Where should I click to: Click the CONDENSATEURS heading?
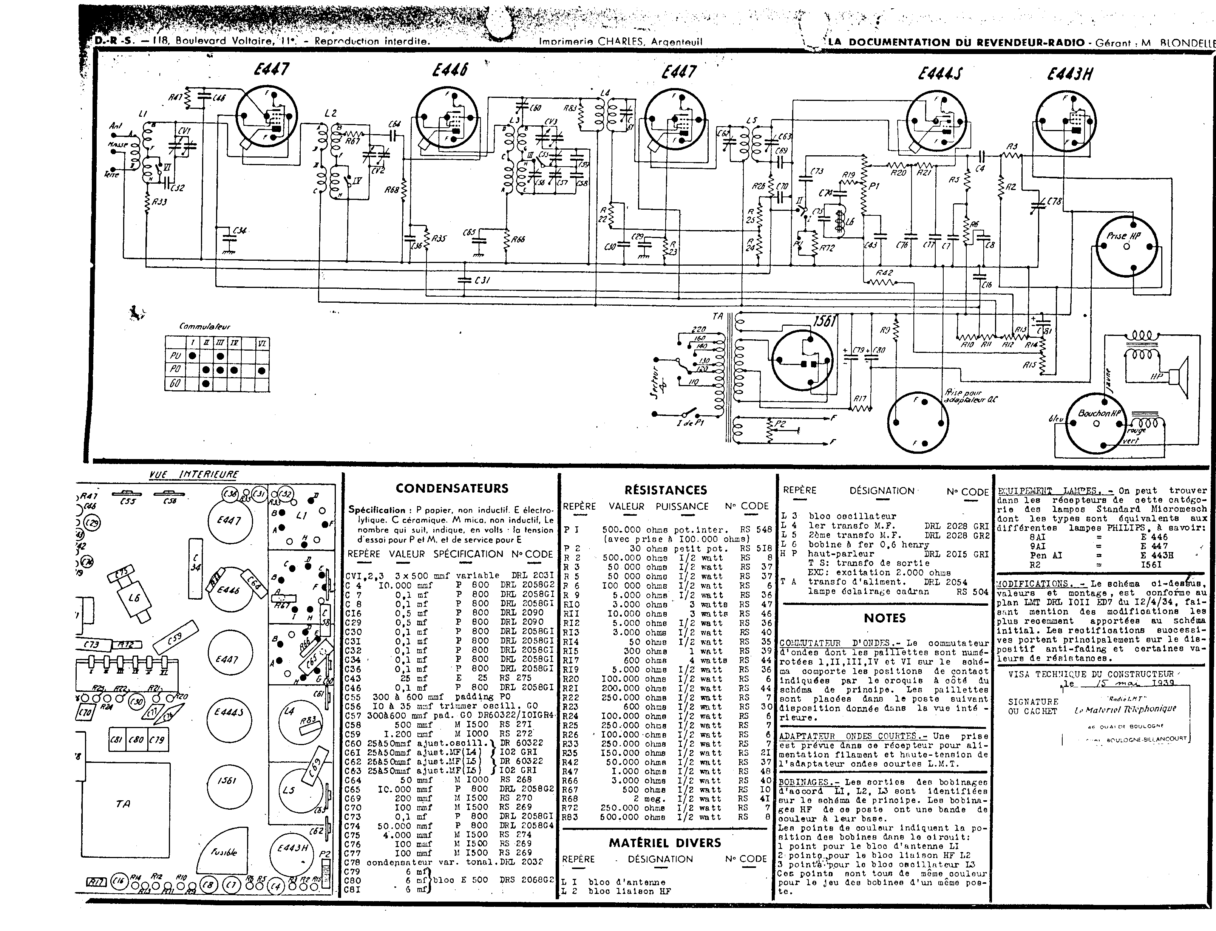451,488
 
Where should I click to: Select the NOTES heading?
885,618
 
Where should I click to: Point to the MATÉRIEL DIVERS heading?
665,843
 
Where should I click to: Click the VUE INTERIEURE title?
193,474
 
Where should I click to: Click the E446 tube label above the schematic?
450,70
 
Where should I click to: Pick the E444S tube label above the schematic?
940,73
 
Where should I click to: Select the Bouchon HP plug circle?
1096,424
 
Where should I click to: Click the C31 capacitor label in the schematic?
482,280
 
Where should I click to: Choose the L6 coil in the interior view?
133,599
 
